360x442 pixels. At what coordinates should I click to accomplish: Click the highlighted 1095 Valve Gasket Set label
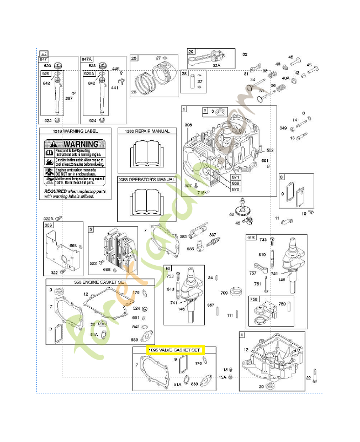[x=174, y=350]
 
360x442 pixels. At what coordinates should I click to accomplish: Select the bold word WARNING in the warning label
[x=81, y=144]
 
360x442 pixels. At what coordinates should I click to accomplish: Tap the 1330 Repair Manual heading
[x=147, y=131]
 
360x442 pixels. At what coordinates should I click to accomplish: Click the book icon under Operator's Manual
[x=147, y=199]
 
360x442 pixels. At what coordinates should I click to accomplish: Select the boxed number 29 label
[x=192, y=52]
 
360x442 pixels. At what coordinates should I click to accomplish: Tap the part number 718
[x=202, y=192]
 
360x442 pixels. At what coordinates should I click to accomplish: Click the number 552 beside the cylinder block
[x=270, y=150]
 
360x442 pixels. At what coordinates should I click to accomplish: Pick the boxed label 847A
[x=87, y=59]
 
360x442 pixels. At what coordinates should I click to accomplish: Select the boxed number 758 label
[x=254, y=299]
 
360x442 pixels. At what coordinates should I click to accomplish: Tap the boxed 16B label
[x=251, y=238]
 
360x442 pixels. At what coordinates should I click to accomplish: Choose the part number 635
[x=190, y=249]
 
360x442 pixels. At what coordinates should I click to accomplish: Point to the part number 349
[x=283, y=128]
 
